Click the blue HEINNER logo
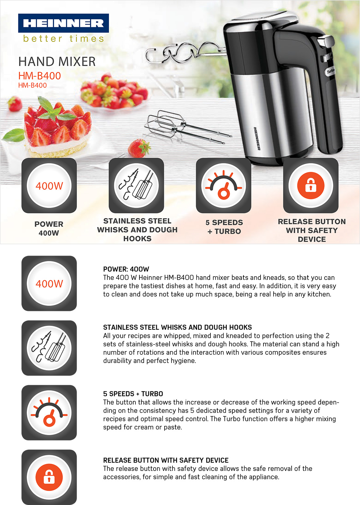click(63, 23)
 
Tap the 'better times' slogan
click(63, 39)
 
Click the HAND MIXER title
click(57, 62)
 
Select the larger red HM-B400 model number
click(40, 76)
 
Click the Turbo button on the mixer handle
click(330, 71)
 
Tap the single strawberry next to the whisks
click(139, 148)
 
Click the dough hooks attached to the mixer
click(185, 53)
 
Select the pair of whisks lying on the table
click(188, 127)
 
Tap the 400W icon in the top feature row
click(49, 186)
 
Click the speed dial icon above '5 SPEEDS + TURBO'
click(224, 186)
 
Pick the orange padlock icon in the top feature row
click(311, 186)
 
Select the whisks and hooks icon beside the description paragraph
click(49, 348)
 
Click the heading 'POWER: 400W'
click(126, 269)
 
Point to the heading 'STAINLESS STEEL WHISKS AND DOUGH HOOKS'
click(177, 327)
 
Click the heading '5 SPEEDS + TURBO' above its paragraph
click(133, 394)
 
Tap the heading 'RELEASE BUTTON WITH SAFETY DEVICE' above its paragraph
click(166, 460)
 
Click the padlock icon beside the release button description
click(49, 477)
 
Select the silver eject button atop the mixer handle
click(326, 41)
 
